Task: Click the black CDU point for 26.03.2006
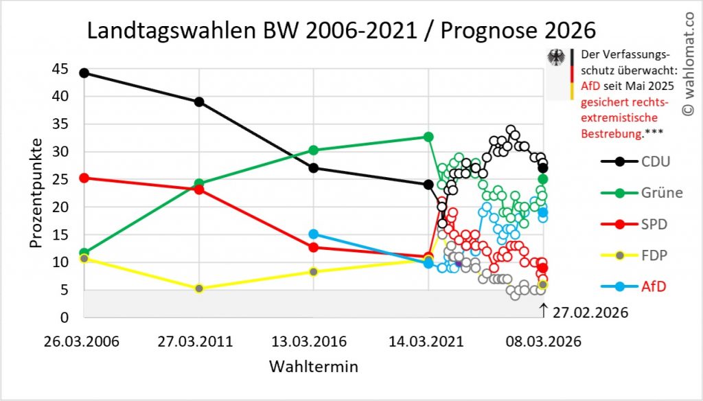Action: click(84, 73)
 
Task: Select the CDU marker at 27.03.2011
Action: click(199, 102)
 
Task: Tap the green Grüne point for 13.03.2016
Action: click(314, 150)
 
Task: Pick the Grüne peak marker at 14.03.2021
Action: click(428, 137)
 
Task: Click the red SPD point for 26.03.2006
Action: click(84, 178)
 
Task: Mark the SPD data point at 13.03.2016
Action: click(314, 247)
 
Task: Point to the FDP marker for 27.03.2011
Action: click(199, 288)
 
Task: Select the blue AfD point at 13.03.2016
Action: click(314, 234)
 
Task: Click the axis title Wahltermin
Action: click(313, 365)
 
